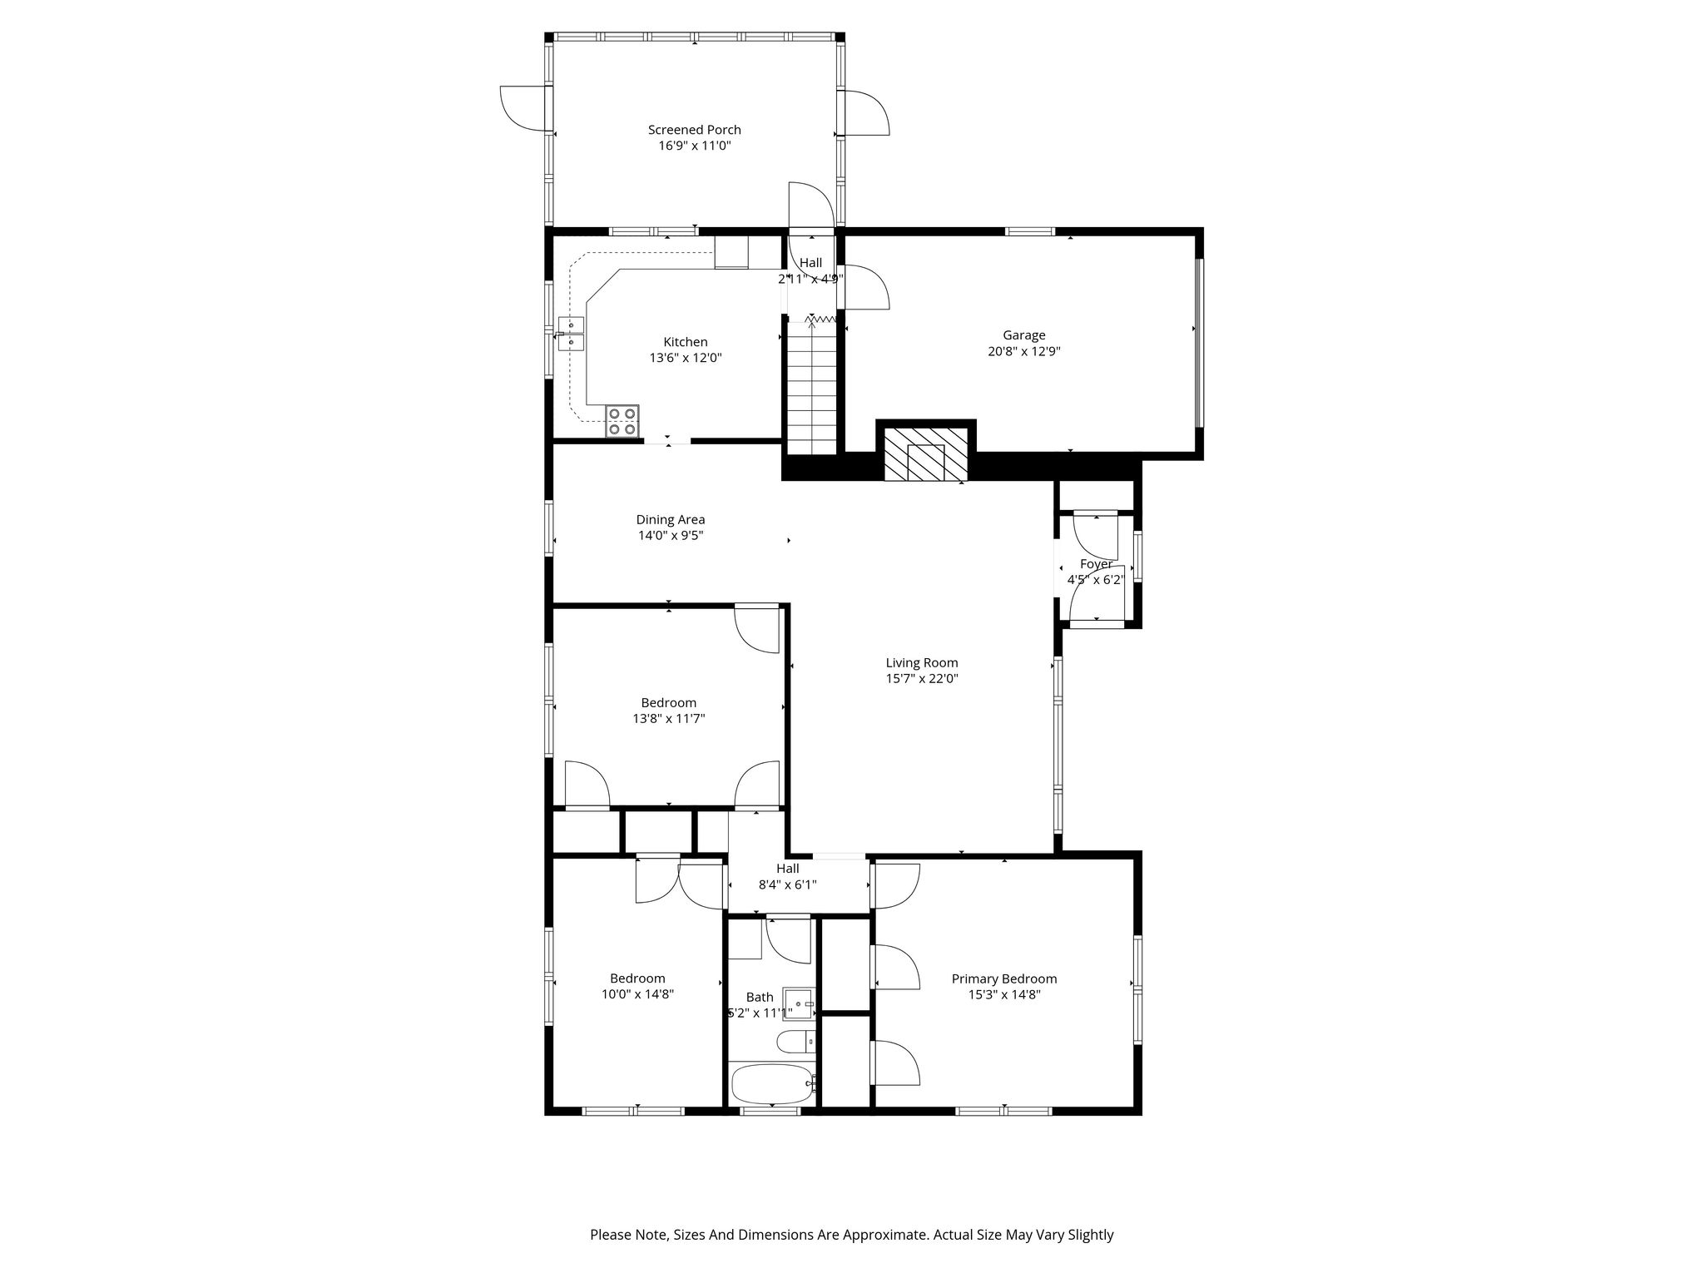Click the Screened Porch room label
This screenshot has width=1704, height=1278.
click(694, 130)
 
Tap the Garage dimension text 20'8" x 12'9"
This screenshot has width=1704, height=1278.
click(1023, 351)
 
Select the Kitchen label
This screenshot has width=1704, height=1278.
click(686, 342)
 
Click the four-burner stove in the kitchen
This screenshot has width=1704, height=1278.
click(622, 421)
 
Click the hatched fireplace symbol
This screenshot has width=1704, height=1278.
click(926, 455)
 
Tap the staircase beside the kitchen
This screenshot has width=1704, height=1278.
click(811, 388)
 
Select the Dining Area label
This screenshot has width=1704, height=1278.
click(671, 520)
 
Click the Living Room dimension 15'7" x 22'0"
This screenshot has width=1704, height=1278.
click(922, 679)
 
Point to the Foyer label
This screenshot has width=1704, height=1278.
click(1096, 564)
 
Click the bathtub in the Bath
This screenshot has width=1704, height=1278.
click(773, 1083)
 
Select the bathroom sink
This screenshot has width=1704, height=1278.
click(798, 1003)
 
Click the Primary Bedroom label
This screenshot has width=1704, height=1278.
click(1004, 978)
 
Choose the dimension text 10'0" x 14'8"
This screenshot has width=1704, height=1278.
click(637, 993)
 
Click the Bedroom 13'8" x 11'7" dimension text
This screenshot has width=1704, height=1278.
click(669, 719)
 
